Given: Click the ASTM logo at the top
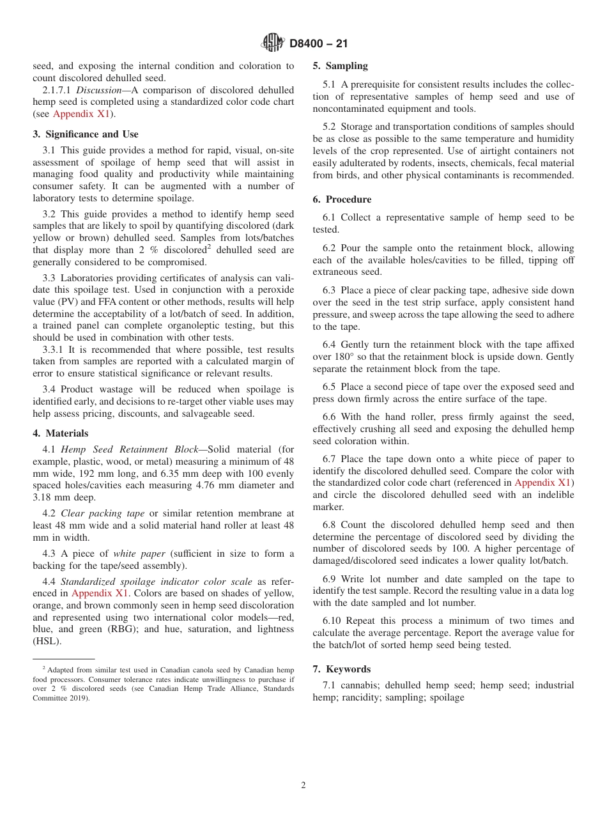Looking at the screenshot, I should click(x=273, y=43).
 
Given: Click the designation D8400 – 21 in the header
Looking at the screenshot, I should click(x=318, y=44).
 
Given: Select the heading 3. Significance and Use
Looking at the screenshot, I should click(x=86, y=134).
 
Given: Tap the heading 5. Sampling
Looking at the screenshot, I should click(x=340, y=66).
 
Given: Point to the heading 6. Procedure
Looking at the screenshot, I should click(x=342, y=199).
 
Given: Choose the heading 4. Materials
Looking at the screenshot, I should click(x=61, y=433).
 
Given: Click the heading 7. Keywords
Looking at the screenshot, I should click(x=341, y=669).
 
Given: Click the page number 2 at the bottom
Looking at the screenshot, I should click(x=303, y=786).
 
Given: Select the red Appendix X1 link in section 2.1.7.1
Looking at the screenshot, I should click(x=82, y=114).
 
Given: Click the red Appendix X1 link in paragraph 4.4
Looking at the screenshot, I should click(x=100, y=593).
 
